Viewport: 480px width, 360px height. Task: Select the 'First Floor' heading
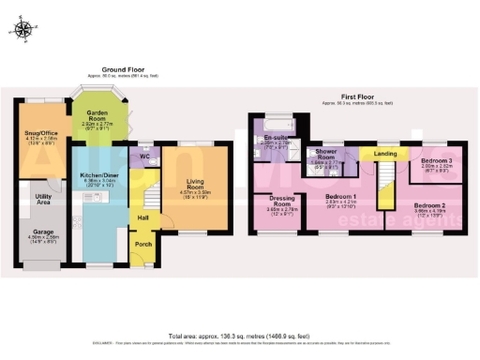click(359, 96)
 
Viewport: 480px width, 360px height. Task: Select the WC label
click(144, 156)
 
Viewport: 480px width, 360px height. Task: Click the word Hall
click(142, 217)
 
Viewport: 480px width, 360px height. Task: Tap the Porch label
click(143, 245)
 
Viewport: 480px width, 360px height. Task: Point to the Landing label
click(384, 153)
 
